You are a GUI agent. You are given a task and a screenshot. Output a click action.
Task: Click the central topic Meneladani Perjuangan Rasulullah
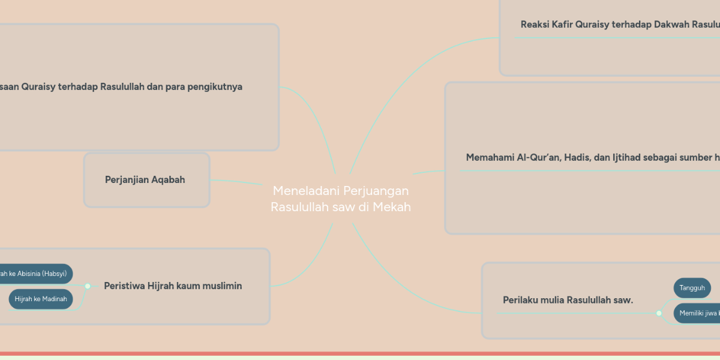pyautogui.click(x=341, y=199)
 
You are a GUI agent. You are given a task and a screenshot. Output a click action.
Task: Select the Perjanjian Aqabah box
pyautogui.click(x=146, y=180)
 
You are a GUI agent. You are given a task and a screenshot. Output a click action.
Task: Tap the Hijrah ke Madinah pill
pyautogui.click(x=41, y=299)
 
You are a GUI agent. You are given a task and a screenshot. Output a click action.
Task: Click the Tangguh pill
pyautogui.click(x=692, y=288)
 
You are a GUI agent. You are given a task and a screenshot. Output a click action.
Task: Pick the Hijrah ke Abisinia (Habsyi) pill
pyautogui.click(x=36, y=274)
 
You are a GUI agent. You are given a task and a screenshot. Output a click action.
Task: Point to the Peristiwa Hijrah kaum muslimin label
pyautogui.click(x=173, y=286)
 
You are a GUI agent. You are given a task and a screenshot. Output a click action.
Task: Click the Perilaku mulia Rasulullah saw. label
pyautogui.click(x=568, y=300)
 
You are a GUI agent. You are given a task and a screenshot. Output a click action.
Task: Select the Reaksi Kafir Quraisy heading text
pyautogui.click(x=618, y=25)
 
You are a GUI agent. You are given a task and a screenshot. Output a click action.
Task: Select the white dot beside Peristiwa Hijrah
pyautogui.click(x=88, y=286)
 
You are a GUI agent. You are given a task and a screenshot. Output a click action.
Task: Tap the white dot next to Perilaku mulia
pyautogui.click(x=659, y=313)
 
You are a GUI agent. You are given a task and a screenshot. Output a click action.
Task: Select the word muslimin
pyautogui.click(x=220, y=286)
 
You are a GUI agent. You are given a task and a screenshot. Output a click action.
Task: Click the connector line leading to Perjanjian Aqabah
pyautogui.click(x=237, y=181)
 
